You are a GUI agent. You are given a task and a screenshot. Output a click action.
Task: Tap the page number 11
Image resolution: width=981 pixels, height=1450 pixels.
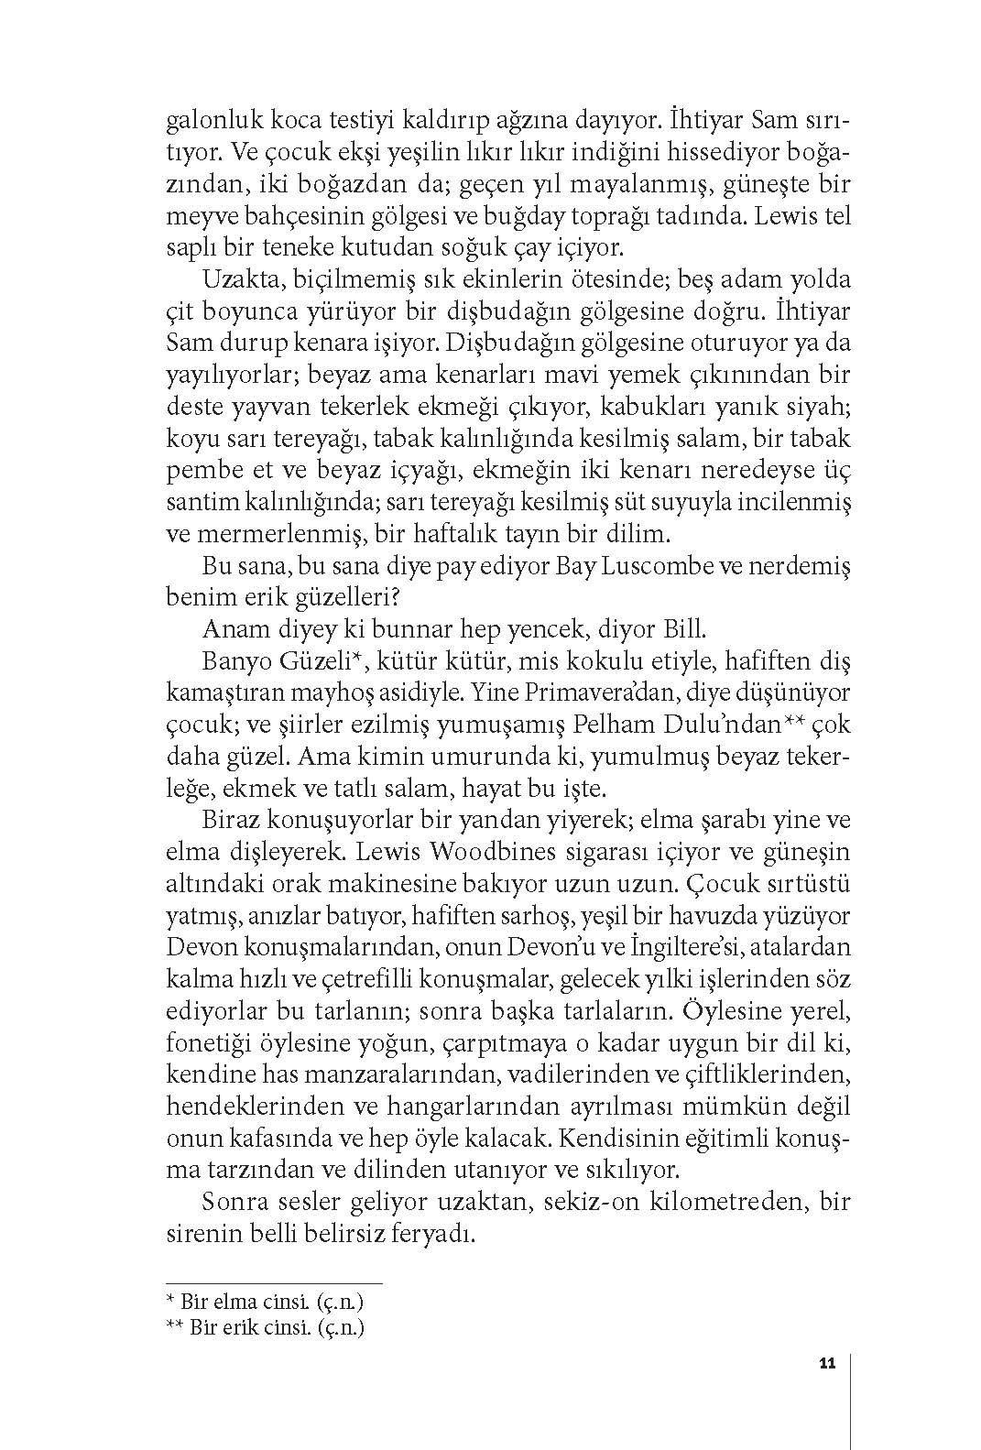click(x=827, y=1364)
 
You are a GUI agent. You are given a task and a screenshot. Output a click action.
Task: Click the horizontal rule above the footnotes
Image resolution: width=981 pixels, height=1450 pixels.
click(x=274, y=1283)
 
